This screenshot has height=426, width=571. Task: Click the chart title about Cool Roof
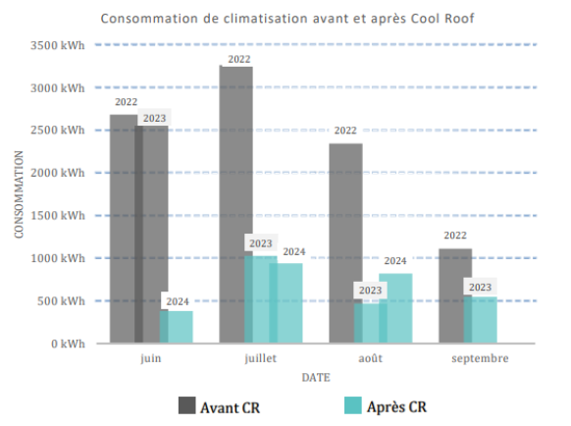pos(285,19)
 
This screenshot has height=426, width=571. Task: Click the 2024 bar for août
pos(395,308)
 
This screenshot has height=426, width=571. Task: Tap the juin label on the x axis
pos(151,358)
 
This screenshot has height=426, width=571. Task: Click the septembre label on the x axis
pos(480,358)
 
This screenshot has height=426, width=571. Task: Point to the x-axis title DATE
pos(315,376)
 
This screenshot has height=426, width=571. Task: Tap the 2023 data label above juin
pos(154,118)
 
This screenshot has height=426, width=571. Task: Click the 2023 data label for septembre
pos(480,287)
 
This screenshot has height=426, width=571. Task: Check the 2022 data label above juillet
pos(239,59)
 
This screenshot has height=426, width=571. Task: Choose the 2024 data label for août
pos(394,260)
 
